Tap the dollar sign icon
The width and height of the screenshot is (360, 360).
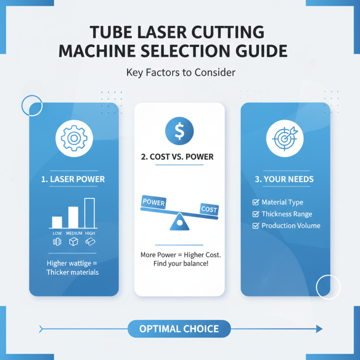(180, 131)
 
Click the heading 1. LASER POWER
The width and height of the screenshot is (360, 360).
(74, 179)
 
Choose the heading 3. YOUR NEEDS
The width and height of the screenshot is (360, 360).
(284, 179)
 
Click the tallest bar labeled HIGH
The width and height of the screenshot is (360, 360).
(90, 213)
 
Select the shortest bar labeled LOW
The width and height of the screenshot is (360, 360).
(57, 222)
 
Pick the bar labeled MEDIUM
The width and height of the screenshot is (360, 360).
(73, 217)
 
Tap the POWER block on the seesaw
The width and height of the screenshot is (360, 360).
(153, 202)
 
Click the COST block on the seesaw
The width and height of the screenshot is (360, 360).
(209, 209)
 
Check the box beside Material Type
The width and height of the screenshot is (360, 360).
(256, 202)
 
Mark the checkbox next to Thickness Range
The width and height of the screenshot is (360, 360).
(256, 214)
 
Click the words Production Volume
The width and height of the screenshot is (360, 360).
(291, 225)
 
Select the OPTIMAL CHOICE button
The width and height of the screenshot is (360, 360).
(179, 329)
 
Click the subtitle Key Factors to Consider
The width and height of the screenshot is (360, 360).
(180, 72)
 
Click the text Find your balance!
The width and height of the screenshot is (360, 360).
(180, 263)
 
